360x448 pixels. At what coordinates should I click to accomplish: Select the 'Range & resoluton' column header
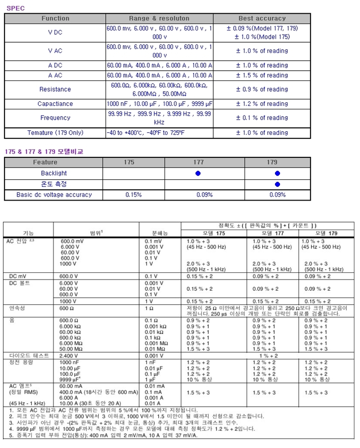tap(160, 18)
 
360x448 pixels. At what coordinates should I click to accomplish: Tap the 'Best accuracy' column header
tap(262, 18)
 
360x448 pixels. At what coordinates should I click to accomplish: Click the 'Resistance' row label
tap(55, 90)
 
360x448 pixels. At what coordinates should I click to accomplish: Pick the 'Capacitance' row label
tap(55, 104)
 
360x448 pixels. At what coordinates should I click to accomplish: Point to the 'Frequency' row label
tap(55, 118)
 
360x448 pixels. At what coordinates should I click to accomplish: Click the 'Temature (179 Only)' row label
tap(55, 133)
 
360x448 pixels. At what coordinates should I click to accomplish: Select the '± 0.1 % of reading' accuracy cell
tap(262, 118)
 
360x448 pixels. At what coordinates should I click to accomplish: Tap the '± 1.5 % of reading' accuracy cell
tap(262, 75)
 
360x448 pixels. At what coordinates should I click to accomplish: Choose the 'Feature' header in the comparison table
tap(45, 162)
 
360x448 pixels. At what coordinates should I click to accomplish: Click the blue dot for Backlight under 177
tap(198, 174)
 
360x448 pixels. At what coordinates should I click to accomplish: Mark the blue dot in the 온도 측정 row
tap(278, 184)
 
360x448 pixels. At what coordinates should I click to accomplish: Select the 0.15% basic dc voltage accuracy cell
tap(133, 194)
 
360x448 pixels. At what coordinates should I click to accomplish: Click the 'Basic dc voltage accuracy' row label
tap(54, 194)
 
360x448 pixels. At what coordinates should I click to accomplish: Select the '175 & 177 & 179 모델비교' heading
tap(43, 151)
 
